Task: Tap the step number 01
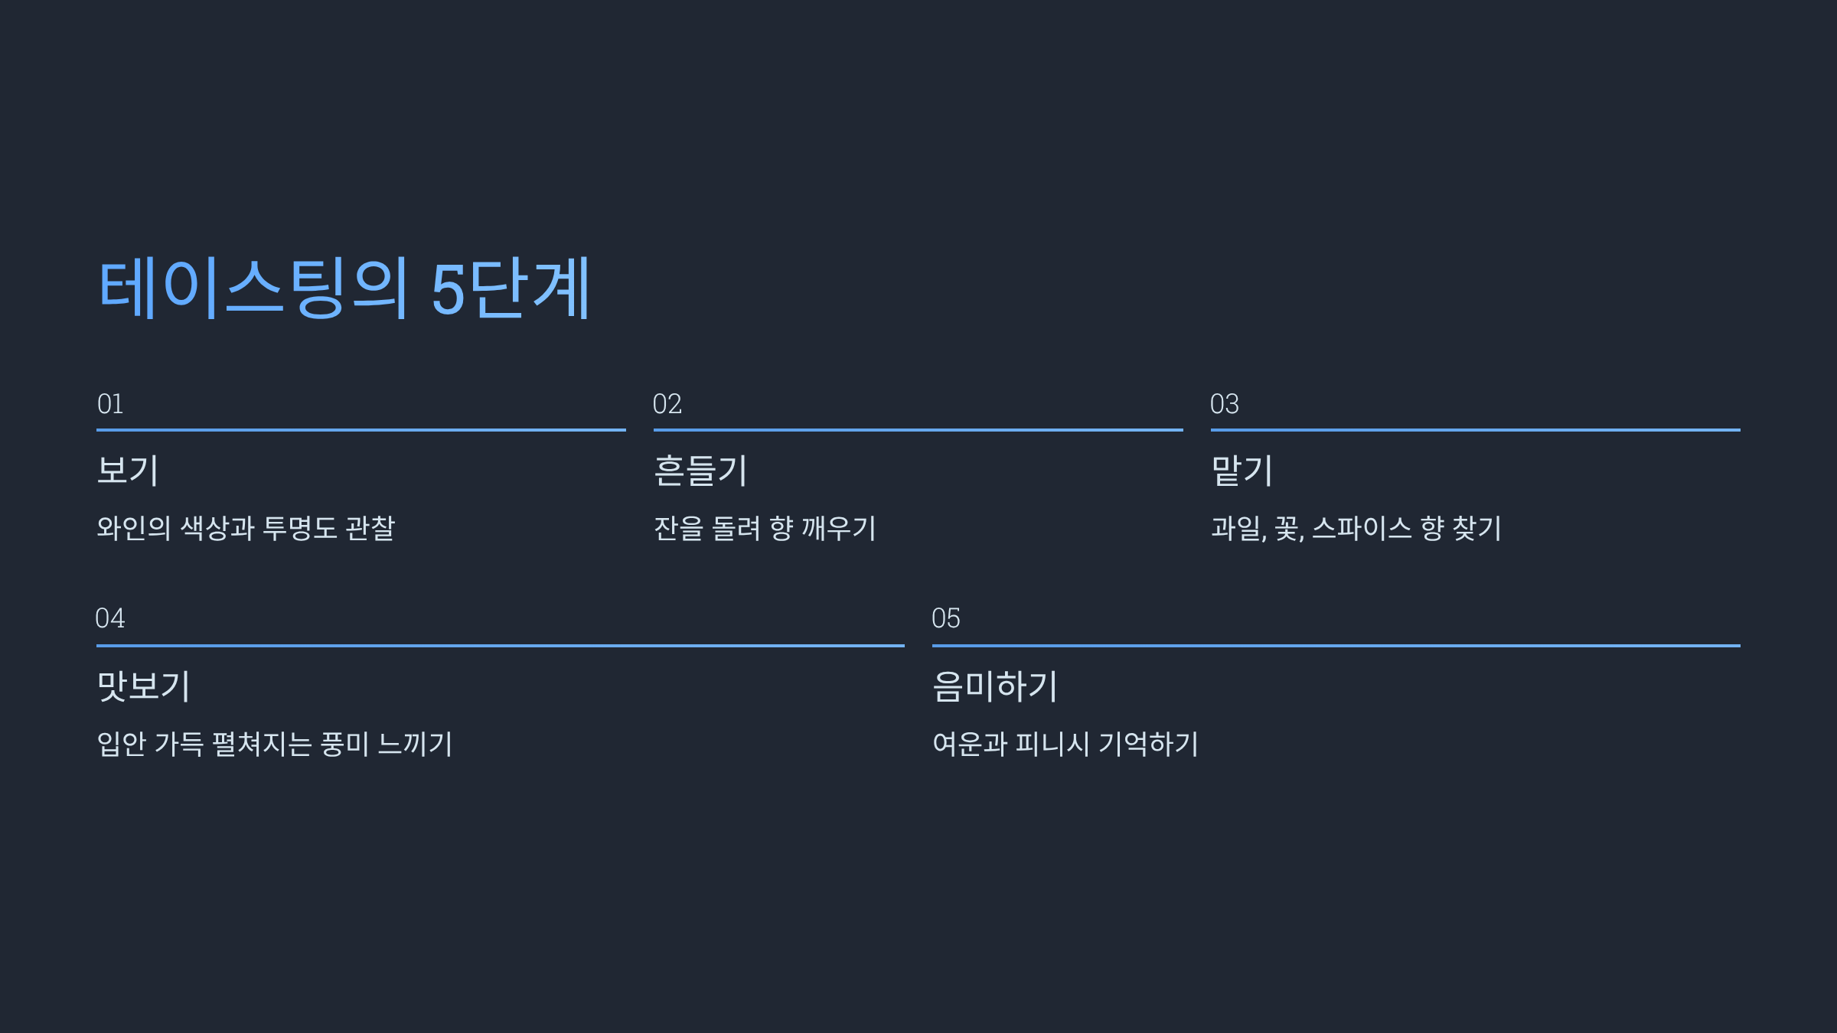click(x=110, y=404)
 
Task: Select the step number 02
click(x=667, y=404)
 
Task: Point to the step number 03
click(x=1224, y=404)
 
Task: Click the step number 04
click(x=109, y=618)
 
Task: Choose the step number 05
click(x=946, y=618)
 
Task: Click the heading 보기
click(x=128, y=470)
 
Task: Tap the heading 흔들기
click(x=700, y=470)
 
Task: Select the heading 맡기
click(x=1242, y=470)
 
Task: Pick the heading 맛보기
click(x=143, y=686)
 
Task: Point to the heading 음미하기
click(x=995, y=686)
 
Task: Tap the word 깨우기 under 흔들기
click(x=838, y=528)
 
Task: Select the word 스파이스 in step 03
click(x=1362, y=528)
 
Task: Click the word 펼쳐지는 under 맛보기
click(x=262, y=744)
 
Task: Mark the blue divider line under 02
click(x=918, y=430)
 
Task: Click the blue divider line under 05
click(x=1336, y=646)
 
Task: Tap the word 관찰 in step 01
click(x=370, y=528)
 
